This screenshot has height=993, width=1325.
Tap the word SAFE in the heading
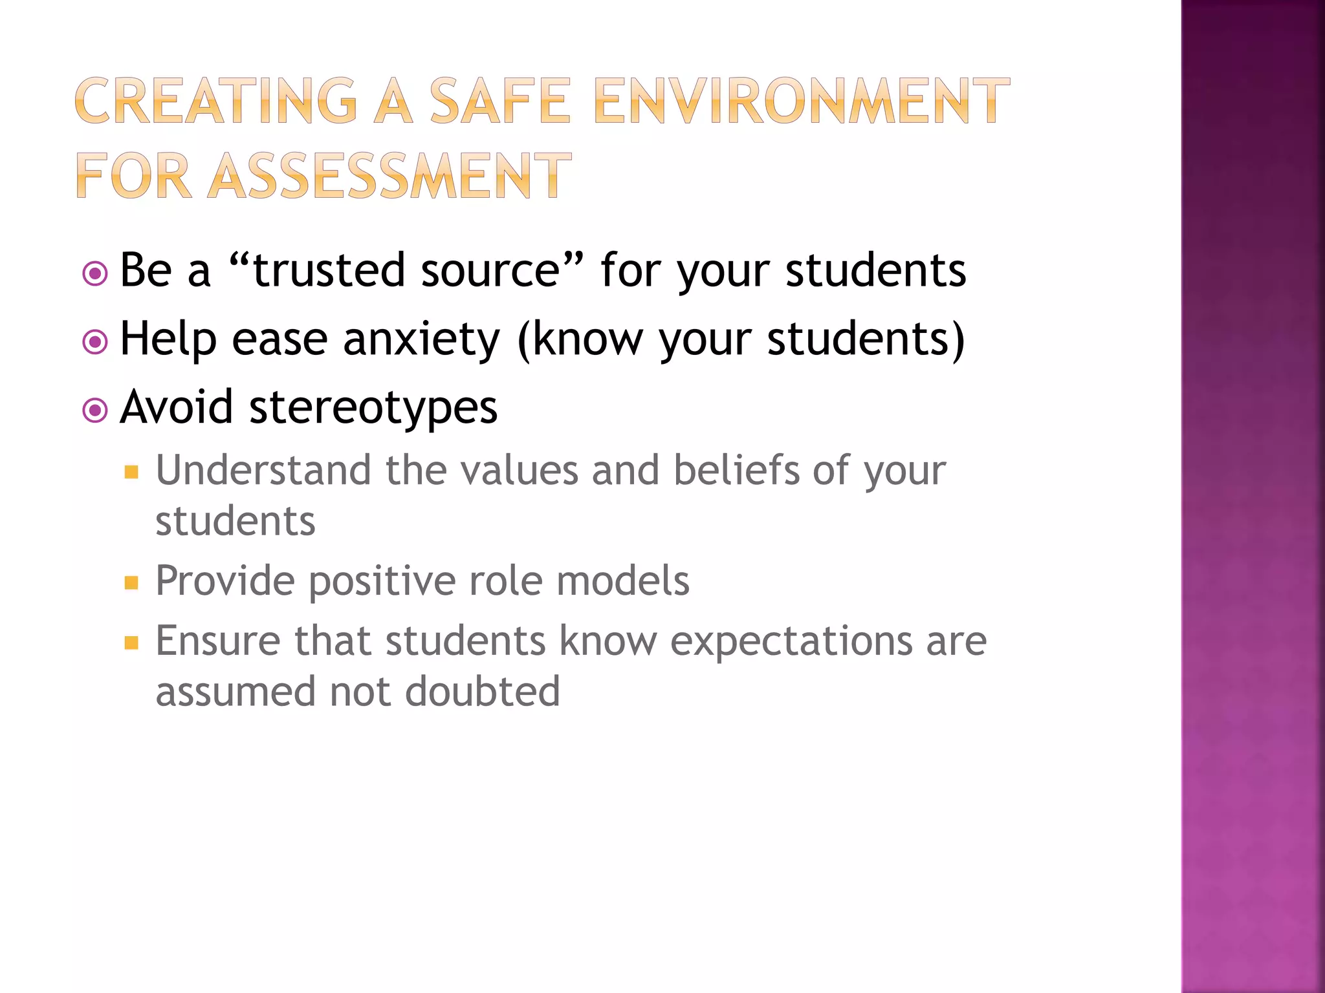(x=500, y=101)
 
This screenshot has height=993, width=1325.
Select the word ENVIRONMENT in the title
(x=801, y=101)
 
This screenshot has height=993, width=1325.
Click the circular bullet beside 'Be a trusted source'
(x=95, y=273)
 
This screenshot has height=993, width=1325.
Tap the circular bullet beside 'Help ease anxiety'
(x=95, y=342)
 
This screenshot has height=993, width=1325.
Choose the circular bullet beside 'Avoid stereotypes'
(x=95, y=411)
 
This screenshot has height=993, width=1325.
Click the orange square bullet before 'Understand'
(x=131, y=473)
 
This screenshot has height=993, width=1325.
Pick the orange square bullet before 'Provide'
(x=131, y=583)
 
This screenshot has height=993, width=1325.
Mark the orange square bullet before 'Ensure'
(x=131, y=643)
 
